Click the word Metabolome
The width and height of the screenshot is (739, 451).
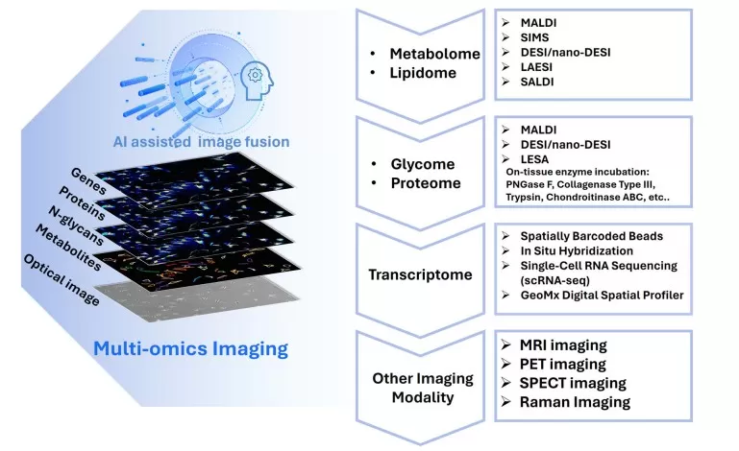434,54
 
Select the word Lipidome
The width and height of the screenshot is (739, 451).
424,75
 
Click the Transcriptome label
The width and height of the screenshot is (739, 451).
420,274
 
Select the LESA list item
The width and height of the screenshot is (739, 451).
533,157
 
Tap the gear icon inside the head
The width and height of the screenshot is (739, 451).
256,75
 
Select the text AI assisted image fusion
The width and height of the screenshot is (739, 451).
204,142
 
